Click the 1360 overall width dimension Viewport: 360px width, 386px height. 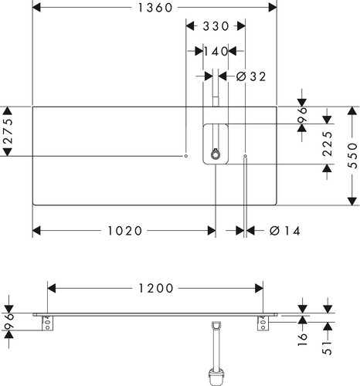coord(155,8)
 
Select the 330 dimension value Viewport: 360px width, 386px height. coord(216,26)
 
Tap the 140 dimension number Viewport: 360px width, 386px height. coord(216,51)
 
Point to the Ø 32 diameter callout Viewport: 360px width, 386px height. coord(251,76)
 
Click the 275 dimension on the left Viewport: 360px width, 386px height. coord(8,131)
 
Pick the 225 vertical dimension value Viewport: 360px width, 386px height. coord(328,144)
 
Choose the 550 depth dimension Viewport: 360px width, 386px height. coord(352,156)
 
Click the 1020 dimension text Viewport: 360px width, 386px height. coord(124,231)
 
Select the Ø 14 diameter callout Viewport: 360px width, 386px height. coord(285,231)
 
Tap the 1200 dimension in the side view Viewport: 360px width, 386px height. coord(156,288)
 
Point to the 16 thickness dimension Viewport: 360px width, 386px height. coord(303,340)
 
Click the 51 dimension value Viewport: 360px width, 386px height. coord(328,348)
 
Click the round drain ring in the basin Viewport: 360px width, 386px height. coord(216,154)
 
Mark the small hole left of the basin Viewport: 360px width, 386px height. coord(186,156)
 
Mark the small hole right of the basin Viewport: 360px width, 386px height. coord(245,156)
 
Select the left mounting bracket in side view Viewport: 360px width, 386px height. coord(47,323)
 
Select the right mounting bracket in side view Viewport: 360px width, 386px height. coord(263,323)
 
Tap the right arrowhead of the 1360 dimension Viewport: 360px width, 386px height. coord(273,8)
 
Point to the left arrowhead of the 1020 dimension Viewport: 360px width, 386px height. coord(36,231)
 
